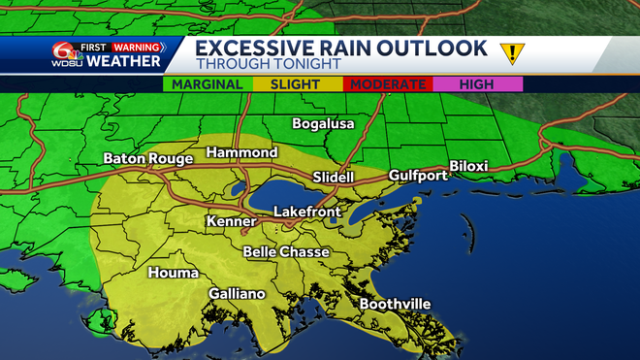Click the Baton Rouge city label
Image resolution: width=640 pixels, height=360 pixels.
tap(146, 158)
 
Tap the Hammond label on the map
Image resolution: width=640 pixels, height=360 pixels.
tap(241, 153)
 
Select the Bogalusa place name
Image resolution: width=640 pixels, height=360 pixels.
tap(324, 124)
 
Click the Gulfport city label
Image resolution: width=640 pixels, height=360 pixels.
tap(418, 176)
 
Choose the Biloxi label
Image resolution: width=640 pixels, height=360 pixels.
tap(468, 166)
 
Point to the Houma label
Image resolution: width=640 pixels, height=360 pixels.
tap(173, 273)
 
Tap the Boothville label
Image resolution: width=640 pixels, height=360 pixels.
tap(395, 304)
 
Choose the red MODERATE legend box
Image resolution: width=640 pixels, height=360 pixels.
tap(388, 85)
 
